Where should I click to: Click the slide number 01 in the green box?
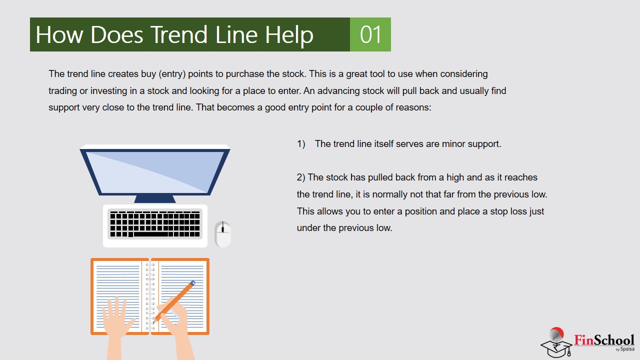tap(370, 34)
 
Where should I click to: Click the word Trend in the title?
tap(179, 34)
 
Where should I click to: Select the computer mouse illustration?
tap(223, 234)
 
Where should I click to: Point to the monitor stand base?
tap(155, 199)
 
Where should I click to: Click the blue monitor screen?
tap(155, 171)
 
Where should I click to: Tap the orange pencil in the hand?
tap(174, 301)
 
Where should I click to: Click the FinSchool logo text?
tap(604, 340)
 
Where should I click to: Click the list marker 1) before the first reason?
tap(301, 143)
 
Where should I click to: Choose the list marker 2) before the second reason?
tap(301, 177)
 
